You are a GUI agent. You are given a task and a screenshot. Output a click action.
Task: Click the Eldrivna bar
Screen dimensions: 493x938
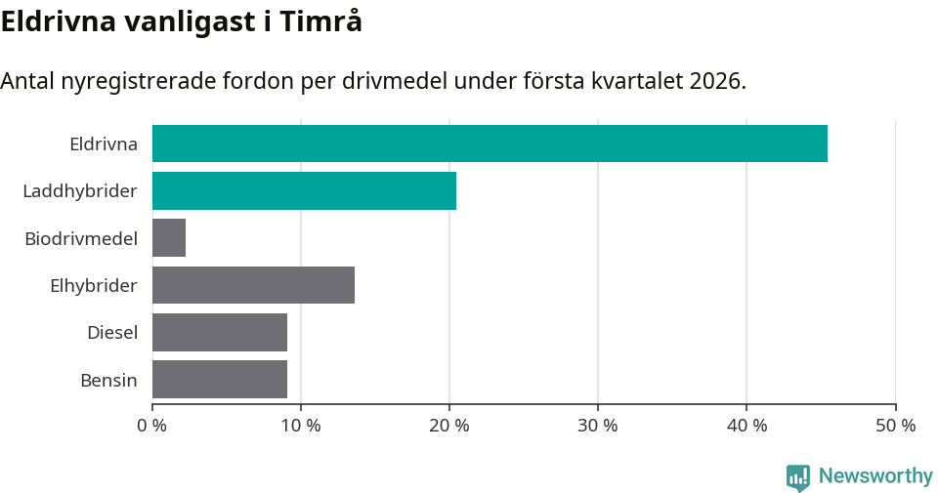pos(490,144)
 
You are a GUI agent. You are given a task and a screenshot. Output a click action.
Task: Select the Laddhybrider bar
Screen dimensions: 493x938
pos(304,190)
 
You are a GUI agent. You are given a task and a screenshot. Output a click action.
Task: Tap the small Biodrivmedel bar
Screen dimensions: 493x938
pos(169,238)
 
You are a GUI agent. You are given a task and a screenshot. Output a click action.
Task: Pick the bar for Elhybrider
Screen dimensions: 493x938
pos(253,285)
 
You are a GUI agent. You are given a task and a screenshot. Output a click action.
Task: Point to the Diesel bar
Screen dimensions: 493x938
pos(220,332)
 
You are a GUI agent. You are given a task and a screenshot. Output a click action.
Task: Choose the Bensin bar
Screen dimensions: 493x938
pos(220,380)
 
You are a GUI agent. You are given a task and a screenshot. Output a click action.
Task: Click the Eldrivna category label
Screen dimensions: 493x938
pos(104,144)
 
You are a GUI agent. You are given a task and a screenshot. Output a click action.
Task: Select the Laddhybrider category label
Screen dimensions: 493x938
pos(80,191)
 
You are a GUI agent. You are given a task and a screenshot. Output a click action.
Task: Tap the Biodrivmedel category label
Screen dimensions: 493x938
pos(81,238)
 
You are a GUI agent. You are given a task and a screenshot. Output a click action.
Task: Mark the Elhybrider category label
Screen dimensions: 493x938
pos(94,286)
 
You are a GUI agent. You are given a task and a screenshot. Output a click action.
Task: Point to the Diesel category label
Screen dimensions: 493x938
pos(112,333)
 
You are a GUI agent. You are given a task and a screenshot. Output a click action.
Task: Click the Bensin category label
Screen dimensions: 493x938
pos(108,380)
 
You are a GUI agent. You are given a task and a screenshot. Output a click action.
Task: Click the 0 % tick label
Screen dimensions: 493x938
pos(153,426)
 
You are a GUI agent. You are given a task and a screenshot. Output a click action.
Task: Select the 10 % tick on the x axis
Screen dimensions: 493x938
pos(301,426)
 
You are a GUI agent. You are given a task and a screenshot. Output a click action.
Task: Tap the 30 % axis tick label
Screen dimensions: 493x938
pos(598,426)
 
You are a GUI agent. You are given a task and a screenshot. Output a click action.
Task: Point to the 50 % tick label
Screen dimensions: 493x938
pos(895,426)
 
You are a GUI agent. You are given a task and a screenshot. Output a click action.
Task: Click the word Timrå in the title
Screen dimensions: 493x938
pos(320,21)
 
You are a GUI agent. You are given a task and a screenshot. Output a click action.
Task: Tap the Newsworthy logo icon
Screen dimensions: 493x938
pos(798,477)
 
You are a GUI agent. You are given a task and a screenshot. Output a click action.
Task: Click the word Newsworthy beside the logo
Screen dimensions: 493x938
pos(875,476)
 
